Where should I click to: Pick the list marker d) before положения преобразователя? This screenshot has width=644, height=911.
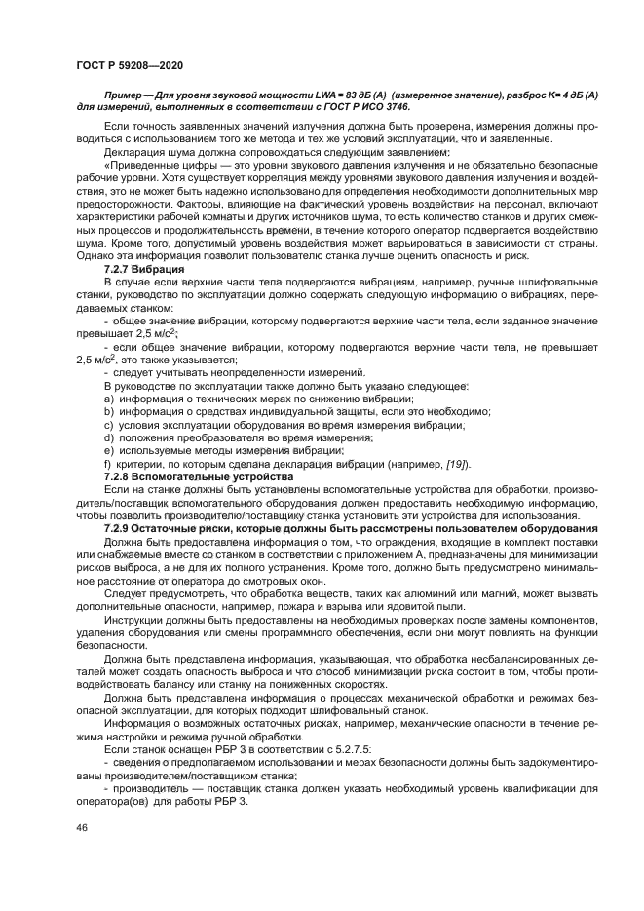click(107, 438)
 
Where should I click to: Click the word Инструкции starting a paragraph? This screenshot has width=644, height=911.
click(133, 620)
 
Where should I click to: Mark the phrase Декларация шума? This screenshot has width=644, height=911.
click(147, 154)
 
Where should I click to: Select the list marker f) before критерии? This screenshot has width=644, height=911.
click(106, 464)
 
